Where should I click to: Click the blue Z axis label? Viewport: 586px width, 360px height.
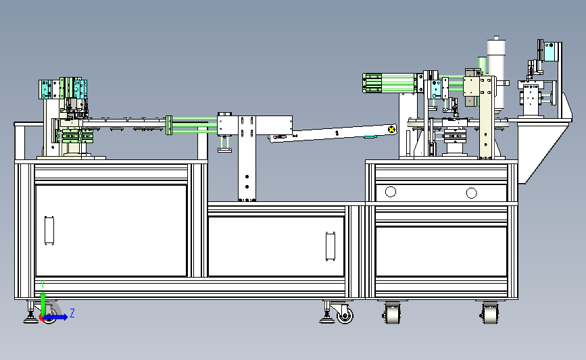coord(72,313)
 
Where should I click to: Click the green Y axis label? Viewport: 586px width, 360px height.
coord(43,284)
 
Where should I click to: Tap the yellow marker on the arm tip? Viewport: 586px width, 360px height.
coord(391,129)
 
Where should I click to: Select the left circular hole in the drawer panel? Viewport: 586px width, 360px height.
coord(390,192)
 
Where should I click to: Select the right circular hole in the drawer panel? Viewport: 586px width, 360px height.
coord(471,193)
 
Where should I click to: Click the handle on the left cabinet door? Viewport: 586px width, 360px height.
coord(49,230)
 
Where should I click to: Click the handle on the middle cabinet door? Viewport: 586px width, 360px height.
coord(331,247)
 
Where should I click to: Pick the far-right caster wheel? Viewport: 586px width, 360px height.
coord(490,313)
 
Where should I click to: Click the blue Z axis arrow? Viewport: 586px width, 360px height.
coord(56,317)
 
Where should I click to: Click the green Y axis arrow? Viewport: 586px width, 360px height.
coord(43,305)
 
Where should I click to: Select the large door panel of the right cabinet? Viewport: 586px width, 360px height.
coord(441,251)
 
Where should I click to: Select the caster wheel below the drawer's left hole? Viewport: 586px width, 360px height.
coord(391,313)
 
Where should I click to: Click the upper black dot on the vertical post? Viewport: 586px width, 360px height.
coord(247,177)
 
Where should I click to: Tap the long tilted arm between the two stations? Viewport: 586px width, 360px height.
coord(333,133)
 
